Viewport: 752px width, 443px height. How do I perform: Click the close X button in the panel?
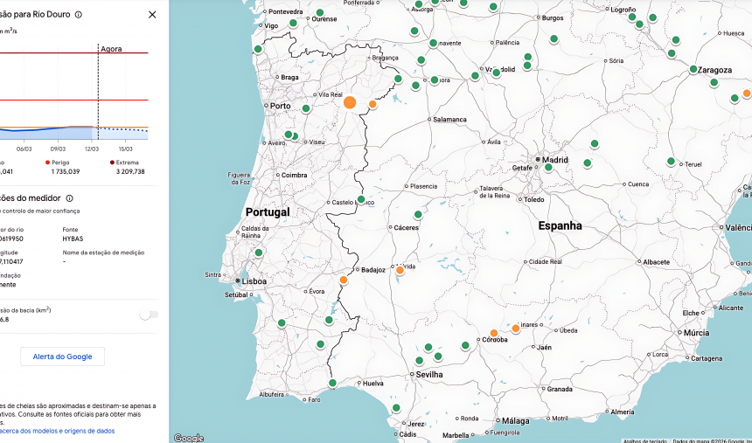pyautogui.click(x=152, y=15)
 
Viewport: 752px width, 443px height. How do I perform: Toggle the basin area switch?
pyautogui.click(x=149, y=315)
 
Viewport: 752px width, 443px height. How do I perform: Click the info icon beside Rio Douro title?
pyautogui.click(x=79, y=15)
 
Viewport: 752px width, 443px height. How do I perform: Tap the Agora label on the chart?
pyautogui.click(x=111, y=49)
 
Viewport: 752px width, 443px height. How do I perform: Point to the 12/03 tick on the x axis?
pyautogui.click(x=92, y=149)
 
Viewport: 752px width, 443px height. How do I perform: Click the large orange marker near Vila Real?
pyautogui.click(x=350, y=102)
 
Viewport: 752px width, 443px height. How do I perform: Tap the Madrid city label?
pyautogui.click(x=555, y=161)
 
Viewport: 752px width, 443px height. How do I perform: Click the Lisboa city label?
pyautogui.click(x=254, y=281)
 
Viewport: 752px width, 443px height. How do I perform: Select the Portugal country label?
pyautogui.click(x=268, y=212)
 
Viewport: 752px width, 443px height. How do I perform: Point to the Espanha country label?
pyautogui.click(x=560, y=225)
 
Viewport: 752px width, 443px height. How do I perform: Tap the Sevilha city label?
pyautogui.click(x=429, y=374)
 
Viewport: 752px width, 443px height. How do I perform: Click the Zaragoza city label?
pyautogui.click(x=714, y=69)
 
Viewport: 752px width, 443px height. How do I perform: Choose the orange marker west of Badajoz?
pyautogui.click(x=344, y=280)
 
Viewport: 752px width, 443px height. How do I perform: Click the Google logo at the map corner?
pyautogui.click(x=188, y=437)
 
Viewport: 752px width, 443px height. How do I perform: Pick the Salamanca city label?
pyautogui.click(x=449, y=119)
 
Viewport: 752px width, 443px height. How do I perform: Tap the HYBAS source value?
pyautogui.click(x=73, y=238)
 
